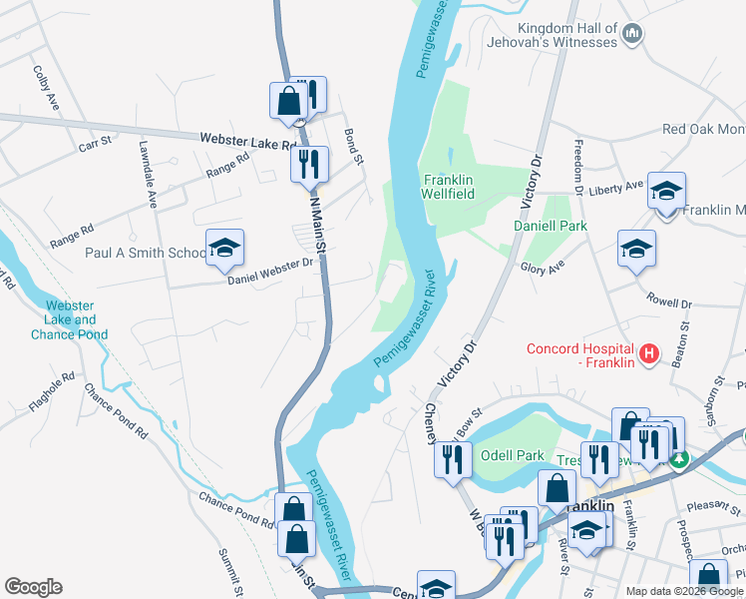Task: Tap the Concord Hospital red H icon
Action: [x=649, y=353]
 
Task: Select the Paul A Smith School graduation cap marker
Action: [x=225, y=249]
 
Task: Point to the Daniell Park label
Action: [x=550, y=227]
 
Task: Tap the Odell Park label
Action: [x=513, y=455]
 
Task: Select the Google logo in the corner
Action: [x=33, y=587]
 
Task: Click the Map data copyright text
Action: [x=684, y=591]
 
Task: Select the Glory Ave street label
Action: [x=543, y=266]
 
